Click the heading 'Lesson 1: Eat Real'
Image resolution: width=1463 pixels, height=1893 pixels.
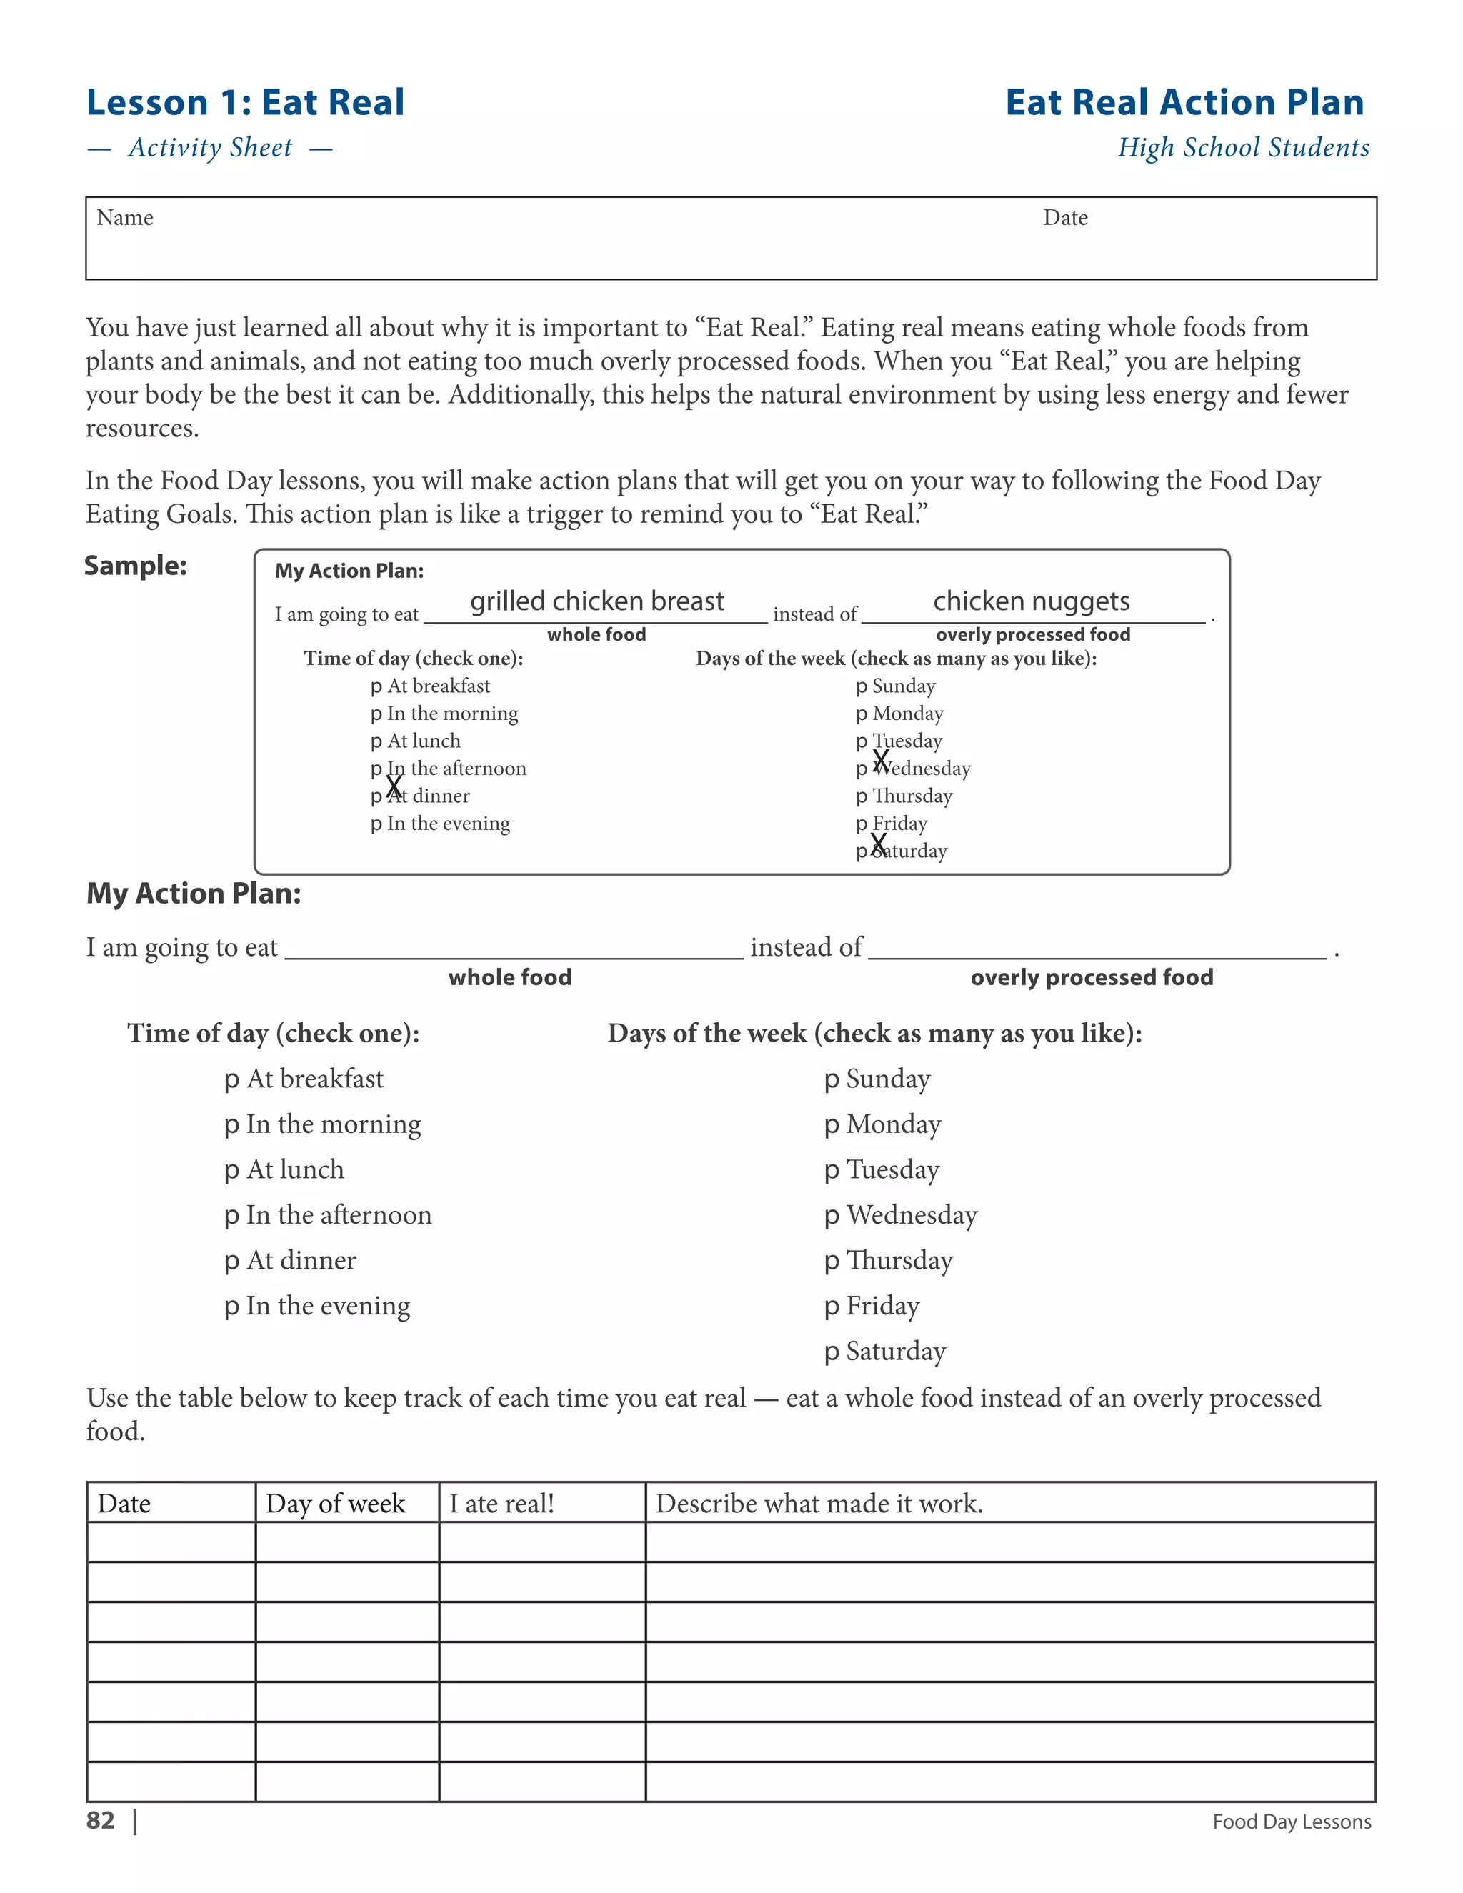[x=245, y=102]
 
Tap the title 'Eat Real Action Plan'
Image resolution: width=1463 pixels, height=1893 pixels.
[x=1184, y=102]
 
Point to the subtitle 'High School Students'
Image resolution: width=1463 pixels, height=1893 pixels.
[x=1243, y=147]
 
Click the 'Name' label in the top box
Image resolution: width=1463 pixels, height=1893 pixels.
[x=125, y=218]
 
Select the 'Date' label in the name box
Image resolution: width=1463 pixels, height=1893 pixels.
[x=1065, y=218]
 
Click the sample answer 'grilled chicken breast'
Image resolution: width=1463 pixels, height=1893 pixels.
[x=596, y=601]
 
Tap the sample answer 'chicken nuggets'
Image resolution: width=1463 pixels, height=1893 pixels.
[x=1031, y=601]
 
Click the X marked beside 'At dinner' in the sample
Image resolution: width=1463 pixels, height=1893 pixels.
[x=394, y=787]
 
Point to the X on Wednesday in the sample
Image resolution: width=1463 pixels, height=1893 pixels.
[x=881, y=761]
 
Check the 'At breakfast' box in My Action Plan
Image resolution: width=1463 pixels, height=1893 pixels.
[x=231, y=1080]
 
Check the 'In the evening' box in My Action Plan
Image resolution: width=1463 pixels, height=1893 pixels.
[x=231, y=1307]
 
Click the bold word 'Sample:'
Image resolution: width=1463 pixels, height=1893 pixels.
[x=136, y=566]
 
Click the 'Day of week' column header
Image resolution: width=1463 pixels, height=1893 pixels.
[x=336, y=1504]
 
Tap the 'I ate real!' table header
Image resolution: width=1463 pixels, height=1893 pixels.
[x=501, y=1504]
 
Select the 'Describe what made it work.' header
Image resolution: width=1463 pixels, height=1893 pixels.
[x=819, y=1504]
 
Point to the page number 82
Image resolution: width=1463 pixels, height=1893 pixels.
[x=101, y=1820]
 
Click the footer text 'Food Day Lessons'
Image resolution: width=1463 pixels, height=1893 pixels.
[x=1292, y=1822]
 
